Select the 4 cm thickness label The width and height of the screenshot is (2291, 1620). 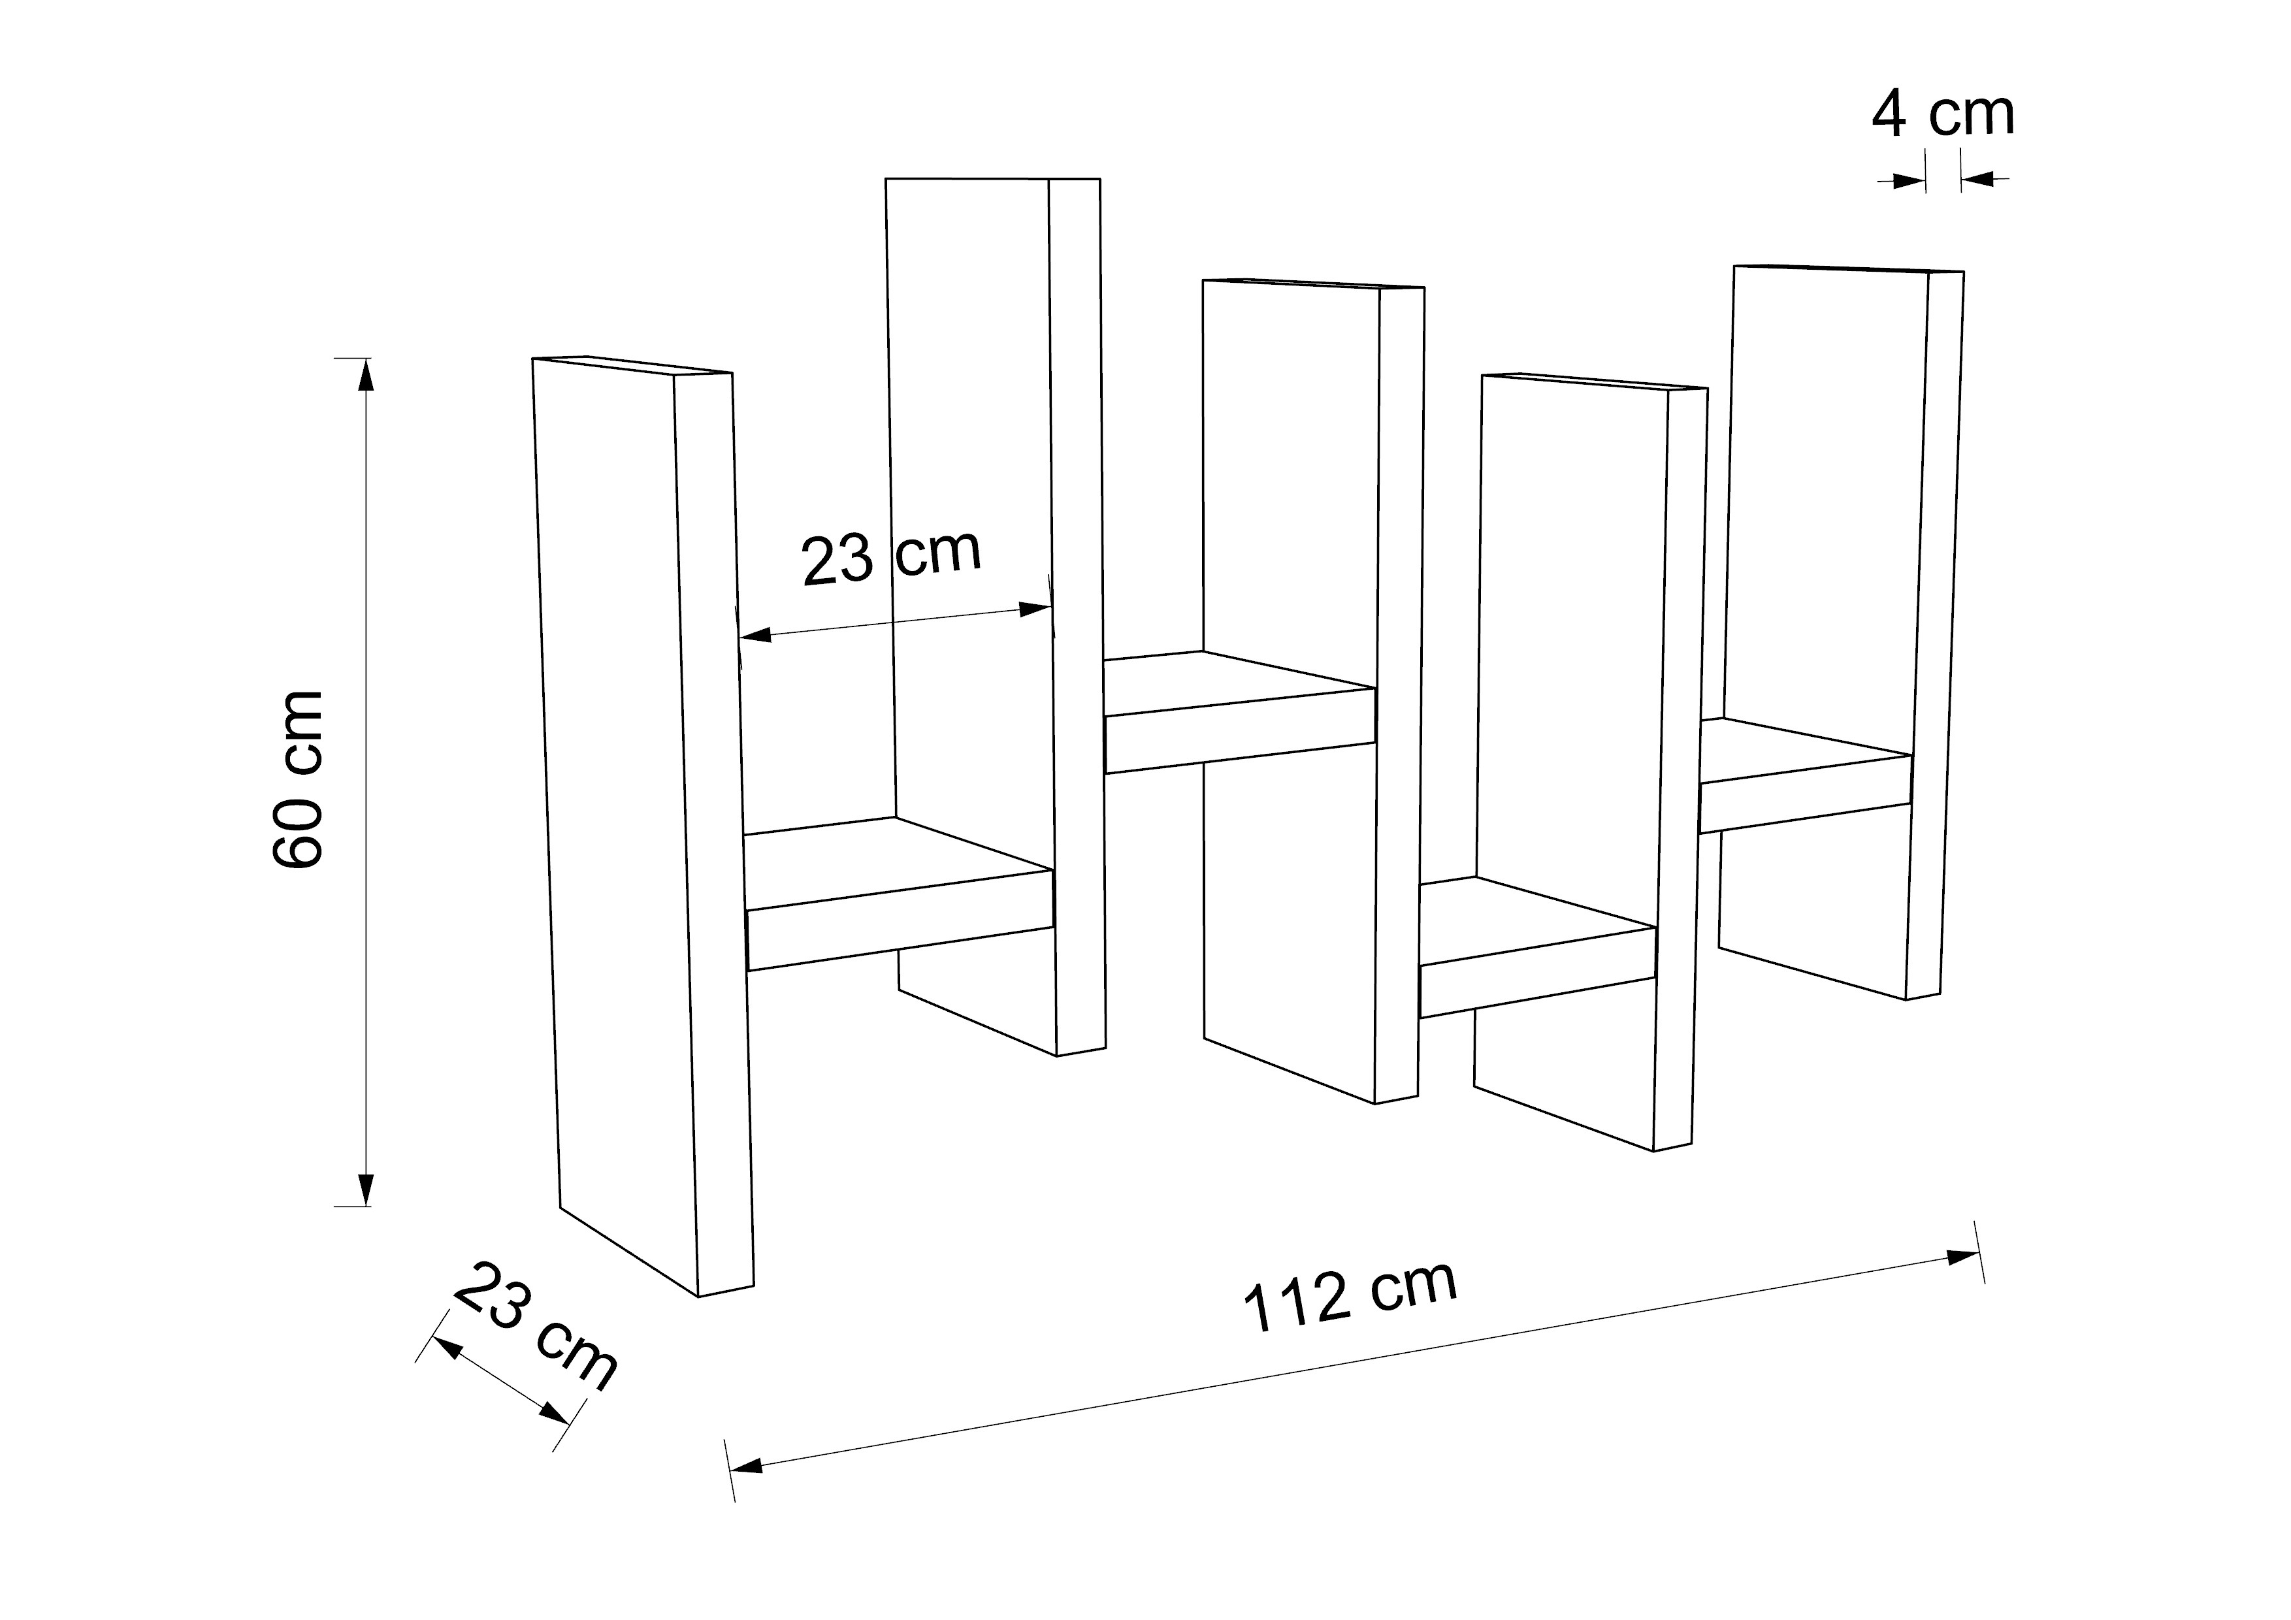click(x=1942, y=116)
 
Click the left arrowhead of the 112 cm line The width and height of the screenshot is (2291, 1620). click(x=747, y=1466)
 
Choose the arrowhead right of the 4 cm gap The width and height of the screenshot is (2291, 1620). click(x=1977, y=180)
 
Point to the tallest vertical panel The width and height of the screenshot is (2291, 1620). click(x=973, y=499)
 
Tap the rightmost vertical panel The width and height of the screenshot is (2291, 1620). click(x=1826, y=499)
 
